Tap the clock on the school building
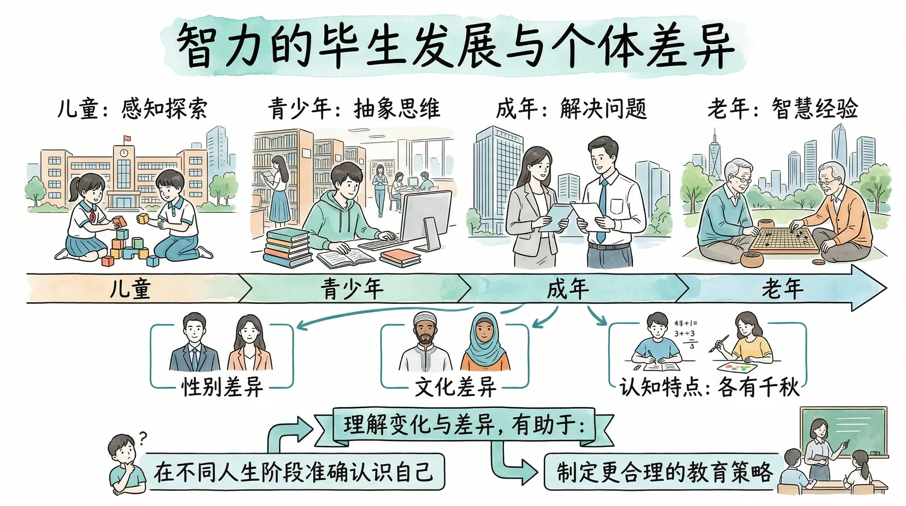[124, 153]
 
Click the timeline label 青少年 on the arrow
[352, 288]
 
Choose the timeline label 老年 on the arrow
[782, 288]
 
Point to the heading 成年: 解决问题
[571, 109]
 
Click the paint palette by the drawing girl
[736, 367]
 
